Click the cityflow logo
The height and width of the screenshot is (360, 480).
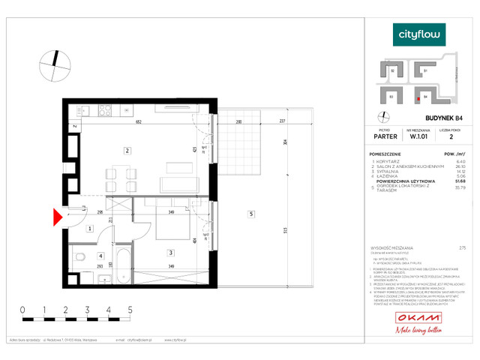pyautogui.click(x=420, y=34)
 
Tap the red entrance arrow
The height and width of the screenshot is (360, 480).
pyautogui.click(x=57, y=217)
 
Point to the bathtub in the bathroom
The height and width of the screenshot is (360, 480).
pyautogui.click(x=124, y=265)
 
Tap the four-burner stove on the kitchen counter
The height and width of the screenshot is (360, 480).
pyautogui.click(x=105, y=111)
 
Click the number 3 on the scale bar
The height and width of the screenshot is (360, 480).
pyautogui.click(x=87, y=309)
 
